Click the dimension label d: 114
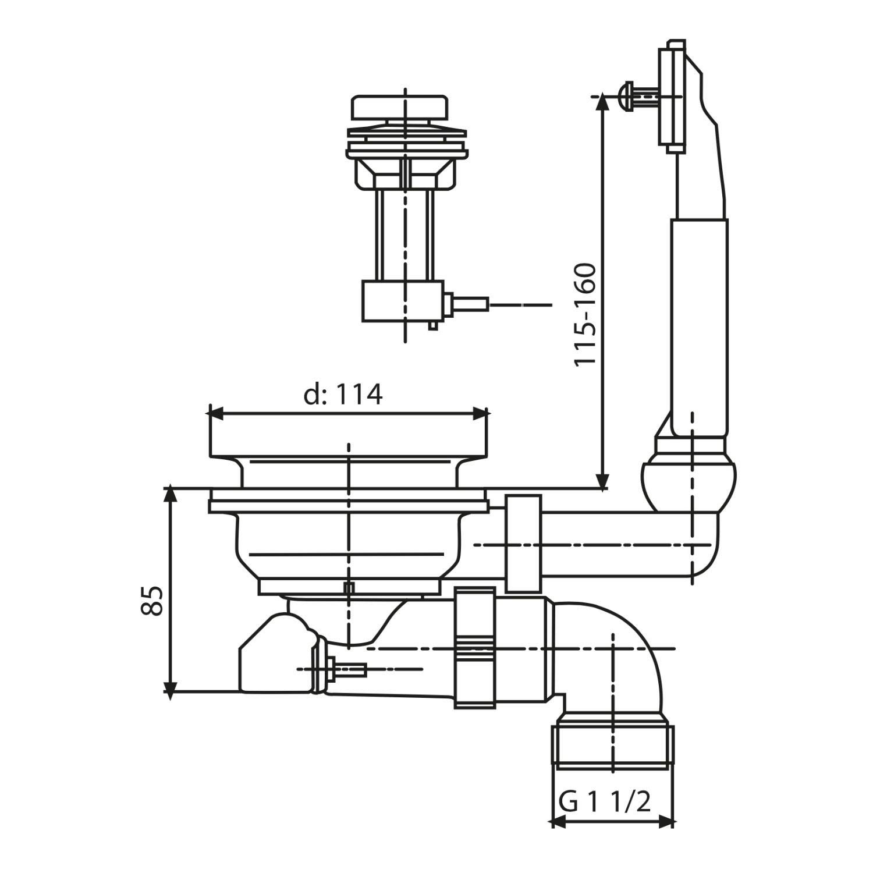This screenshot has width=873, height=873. point(343,395)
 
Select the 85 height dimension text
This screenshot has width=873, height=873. point(153,600)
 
